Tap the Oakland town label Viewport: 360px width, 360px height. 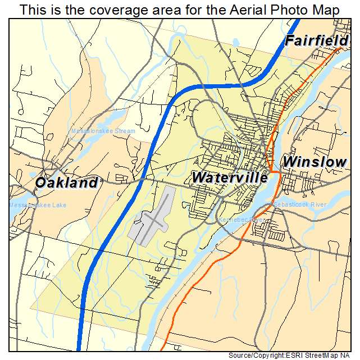[66, 183]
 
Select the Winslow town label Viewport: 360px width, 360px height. [315, 162]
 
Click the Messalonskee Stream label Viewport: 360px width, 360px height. [103, 131]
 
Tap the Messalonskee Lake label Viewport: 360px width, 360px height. [38, 205]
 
